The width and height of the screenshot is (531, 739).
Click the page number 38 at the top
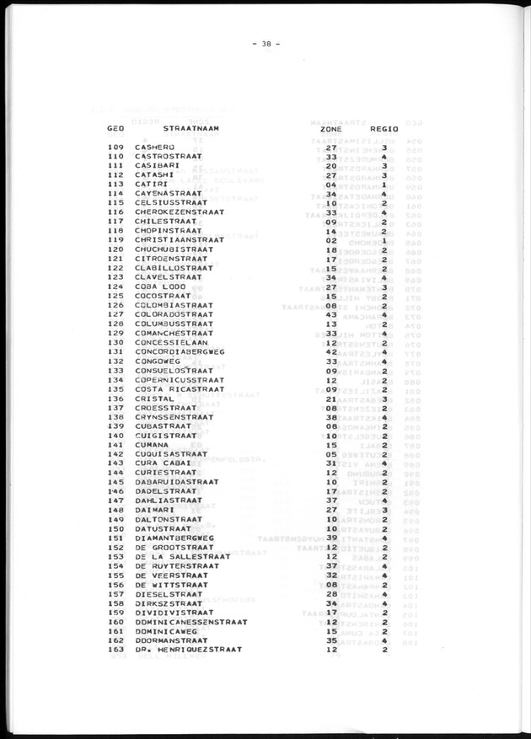click(x=267, y=45)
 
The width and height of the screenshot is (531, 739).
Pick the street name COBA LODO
click(x=158, y=287)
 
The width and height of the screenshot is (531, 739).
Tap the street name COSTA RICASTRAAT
click(x=179, y=389)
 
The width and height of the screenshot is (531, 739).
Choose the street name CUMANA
click(x=153, y=445)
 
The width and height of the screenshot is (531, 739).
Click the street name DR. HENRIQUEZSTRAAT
click(x=188, y=650)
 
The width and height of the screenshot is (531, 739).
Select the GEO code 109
click(x=116, y=147)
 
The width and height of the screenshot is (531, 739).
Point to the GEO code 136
click(x=116, y=399)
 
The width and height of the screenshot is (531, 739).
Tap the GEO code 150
click(x=116, y=528)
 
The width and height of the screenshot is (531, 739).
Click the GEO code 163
click(x=116, y=650)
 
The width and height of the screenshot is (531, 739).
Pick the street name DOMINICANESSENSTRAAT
click(x=190, y=622)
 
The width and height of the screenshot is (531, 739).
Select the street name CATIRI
click(x=152, y=185)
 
